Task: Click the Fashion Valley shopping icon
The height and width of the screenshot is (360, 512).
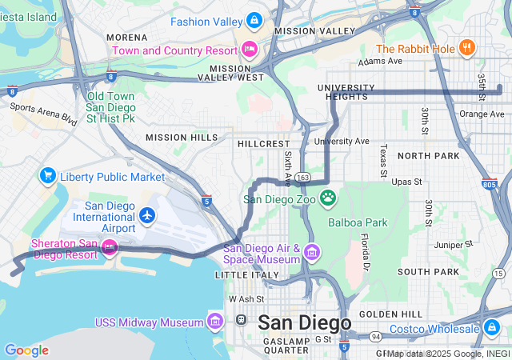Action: click(x=254, y=19)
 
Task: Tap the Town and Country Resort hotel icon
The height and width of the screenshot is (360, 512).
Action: click(x=250, y=50)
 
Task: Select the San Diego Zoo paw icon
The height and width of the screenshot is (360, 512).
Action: click(x=328, y=197)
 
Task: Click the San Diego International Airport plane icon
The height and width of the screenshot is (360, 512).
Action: click(x=146, y=215)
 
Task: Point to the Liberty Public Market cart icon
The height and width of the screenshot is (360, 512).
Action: click(x=47, y=176)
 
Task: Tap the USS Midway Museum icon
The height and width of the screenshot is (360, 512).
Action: click(x=214, y=322)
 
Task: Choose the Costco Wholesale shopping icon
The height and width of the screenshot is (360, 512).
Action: click(x=490, y=328)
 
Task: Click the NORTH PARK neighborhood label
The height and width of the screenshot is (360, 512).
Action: click(x=428, y=156)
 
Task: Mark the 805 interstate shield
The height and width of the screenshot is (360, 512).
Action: click(x=488, y=185)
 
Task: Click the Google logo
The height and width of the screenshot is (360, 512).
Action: click(x=26, y=350)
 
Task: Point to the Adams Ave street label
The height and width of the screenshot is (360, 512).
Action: click(x=381, y=61)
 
